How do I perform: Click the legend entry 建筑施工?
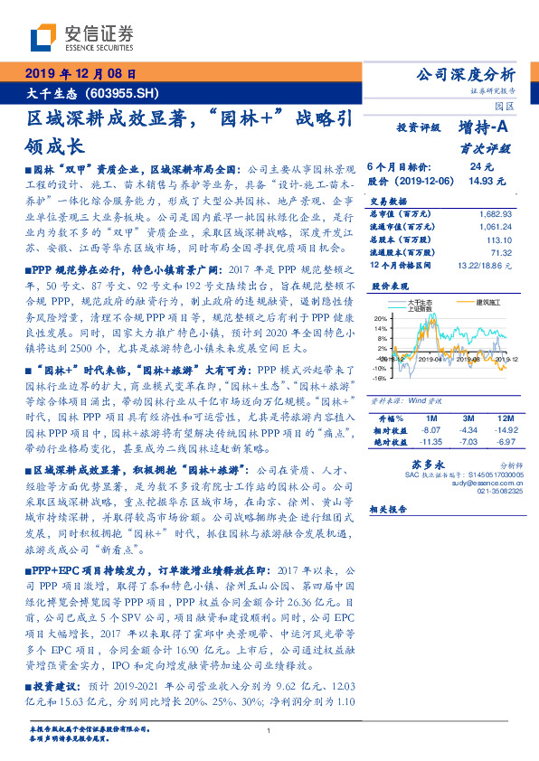click(x=478, y=303)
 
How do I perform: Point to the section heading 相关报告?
click(x=390, y=512)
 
